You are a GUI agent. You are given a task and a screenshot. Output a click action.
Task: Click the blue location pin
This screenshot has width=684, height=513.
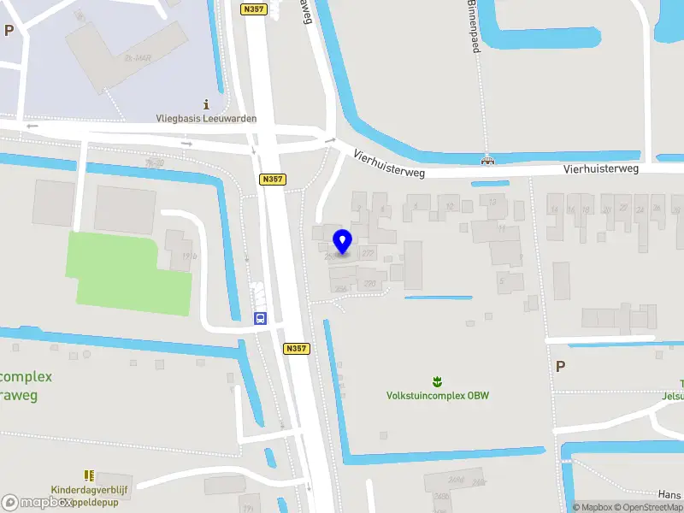tap(342, 241)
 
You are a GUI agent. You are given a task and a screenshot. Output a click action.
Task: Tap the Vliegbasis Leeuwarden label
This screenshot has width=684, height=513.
tap(206, 119)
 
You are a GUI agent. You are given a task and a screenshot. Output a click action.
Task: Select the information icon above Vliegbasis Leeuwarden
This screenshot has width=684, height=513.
tap(206, 103)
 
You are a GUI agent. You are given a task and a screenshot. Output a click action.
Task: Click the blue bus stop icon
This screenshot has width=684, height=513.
tap(259, 318)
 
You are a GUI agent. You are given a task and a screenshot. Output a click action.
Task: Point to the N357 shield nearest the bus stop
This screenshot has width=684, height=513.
tap(296, 348)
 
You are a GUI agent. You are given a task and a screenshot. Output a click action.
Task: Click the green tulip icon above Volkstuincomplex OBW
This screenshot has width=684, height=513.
tap(437, 380)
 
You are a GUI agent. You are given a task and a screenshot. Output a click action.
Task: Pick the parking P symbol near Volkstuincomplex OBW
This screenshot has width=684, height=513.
tap(560, 366)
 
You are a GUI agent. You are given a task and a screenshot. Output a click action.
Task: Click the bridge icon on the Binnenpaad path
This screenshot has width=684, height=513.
tap(487, 159)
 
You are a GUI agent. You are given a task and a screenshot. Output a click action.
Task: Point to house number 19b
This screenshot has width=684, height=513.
tap(189, 256)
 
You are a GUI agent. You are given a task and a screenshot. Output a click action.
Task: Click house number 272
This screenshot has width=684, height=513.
tap(368, 253)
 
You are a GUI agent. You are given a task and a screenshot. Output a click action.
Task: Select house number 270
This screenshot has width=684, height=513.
tap(369, 283)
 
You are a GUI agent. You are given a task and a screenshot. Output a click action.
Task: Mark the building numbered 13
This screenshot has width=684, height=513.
tap(492, 203)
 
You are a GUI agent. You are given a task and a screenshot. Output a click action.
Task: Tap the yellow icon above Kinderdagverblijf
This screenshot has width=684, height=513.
tap(88, 474)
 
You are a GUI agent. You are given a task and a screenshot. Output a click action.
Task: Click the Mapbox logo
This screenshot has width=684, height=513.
tap(36, 503)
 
